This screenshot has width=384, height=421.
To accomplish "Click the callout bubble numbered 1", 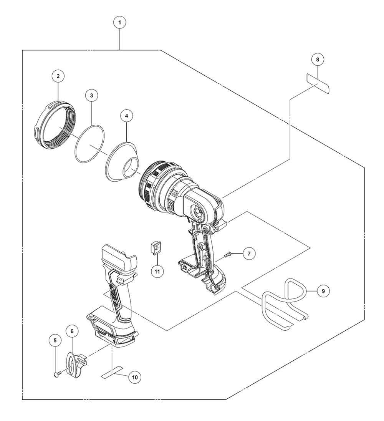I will [120, 23].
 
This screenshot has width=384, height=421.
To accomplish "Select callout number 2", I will [58, 76].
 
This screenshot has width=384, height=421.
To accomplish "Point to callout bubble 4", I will [126, 115].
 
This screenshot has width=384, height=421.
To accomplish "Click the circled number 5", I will [55, 340].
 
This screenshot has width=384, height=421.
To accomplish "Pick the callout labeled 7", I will [249, 254].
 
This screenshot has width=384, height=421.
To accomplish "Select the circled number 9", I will [323, 291].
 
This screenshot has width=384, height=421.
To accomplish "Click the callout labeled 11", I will [157, 271].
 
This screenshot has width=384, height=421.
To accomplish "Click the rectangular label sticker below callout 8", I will [318, 83].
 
